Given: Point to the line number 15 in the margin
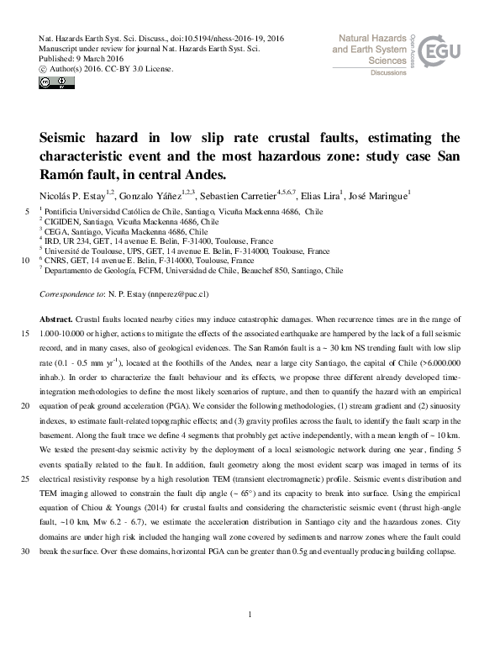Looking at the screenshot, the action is (24, 334).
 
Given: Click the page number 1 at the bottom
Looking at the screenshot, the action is (250, 616).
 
